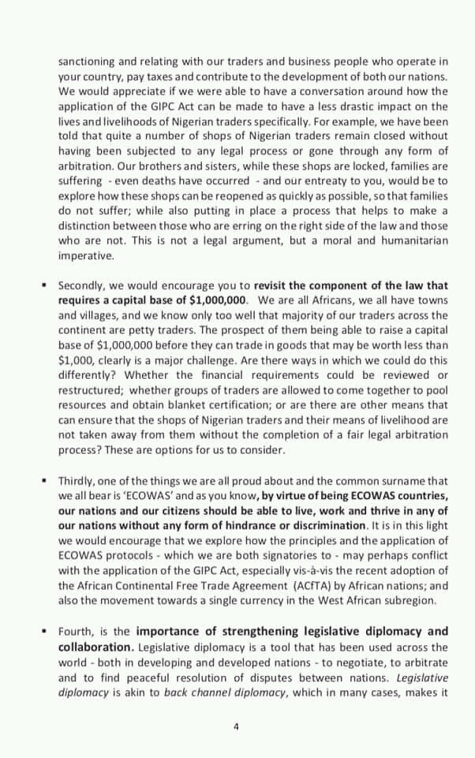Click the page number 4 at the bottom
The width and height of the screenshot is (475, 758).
236,727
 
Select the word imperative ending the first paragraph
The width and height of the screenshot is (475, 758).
86,256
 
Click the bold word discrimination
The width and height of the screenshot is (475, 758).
326,525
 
